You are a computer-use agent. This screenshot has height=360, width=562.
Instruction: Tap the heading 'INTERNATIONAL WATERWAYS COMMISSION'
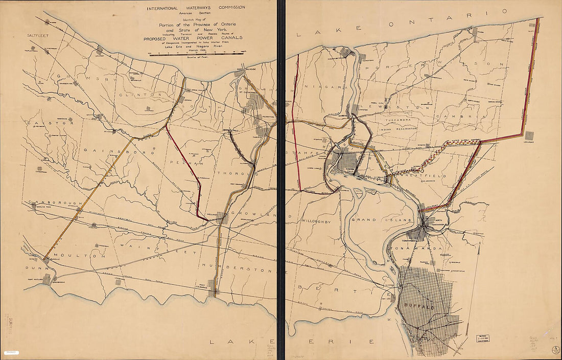click(196, 8)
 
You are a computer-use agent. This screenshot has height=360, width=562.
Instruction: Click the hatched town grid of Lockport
click(530, 136)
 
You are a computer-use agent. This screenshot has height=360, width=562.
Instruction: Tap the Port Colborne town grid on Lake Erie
click(213, 292)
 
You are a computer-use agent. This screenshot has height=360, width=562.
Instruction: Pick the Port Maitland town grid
click(47, 279)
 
